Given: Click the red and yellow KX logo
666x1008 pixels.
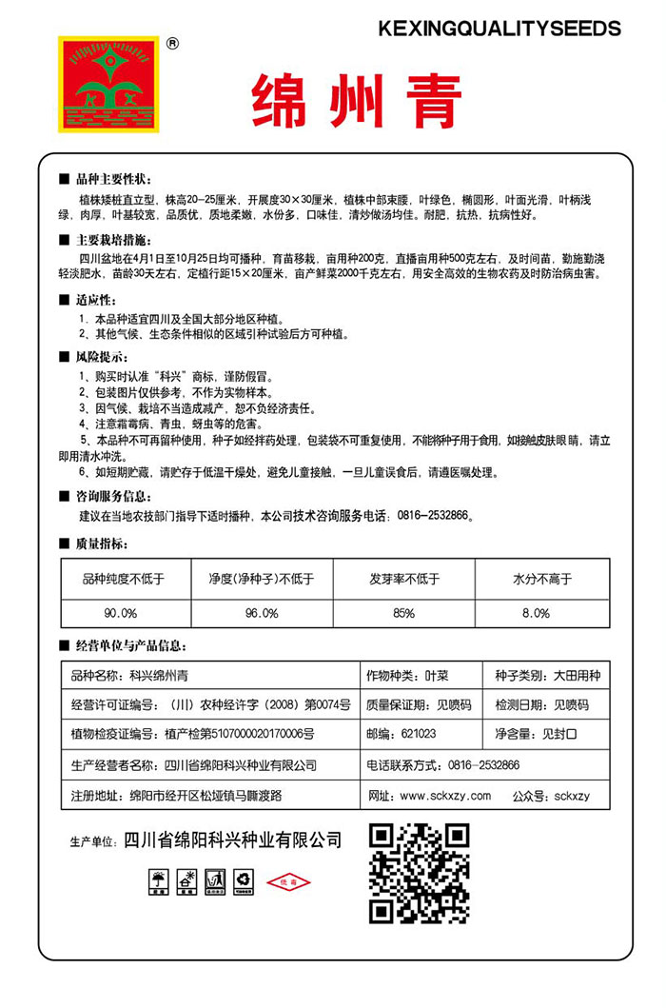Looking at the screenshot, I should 108,86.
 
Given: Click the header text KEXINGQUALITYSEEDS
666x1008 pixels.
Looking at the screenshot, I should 499,29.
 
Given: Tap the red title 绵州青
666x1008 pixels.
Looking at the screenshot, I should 357,101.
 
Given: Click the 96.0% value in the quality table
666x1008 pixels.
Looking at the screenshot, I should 261,612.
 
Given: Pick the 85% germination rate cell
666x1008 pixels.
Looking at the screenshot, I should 403,612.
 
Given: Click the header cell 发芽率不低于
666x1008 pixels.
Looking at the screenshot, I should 403,579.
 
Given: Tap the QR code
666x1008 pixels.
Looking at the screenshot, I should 419,872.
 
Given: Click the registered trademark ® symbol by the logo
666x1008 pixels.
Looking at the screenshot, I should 172,43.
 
